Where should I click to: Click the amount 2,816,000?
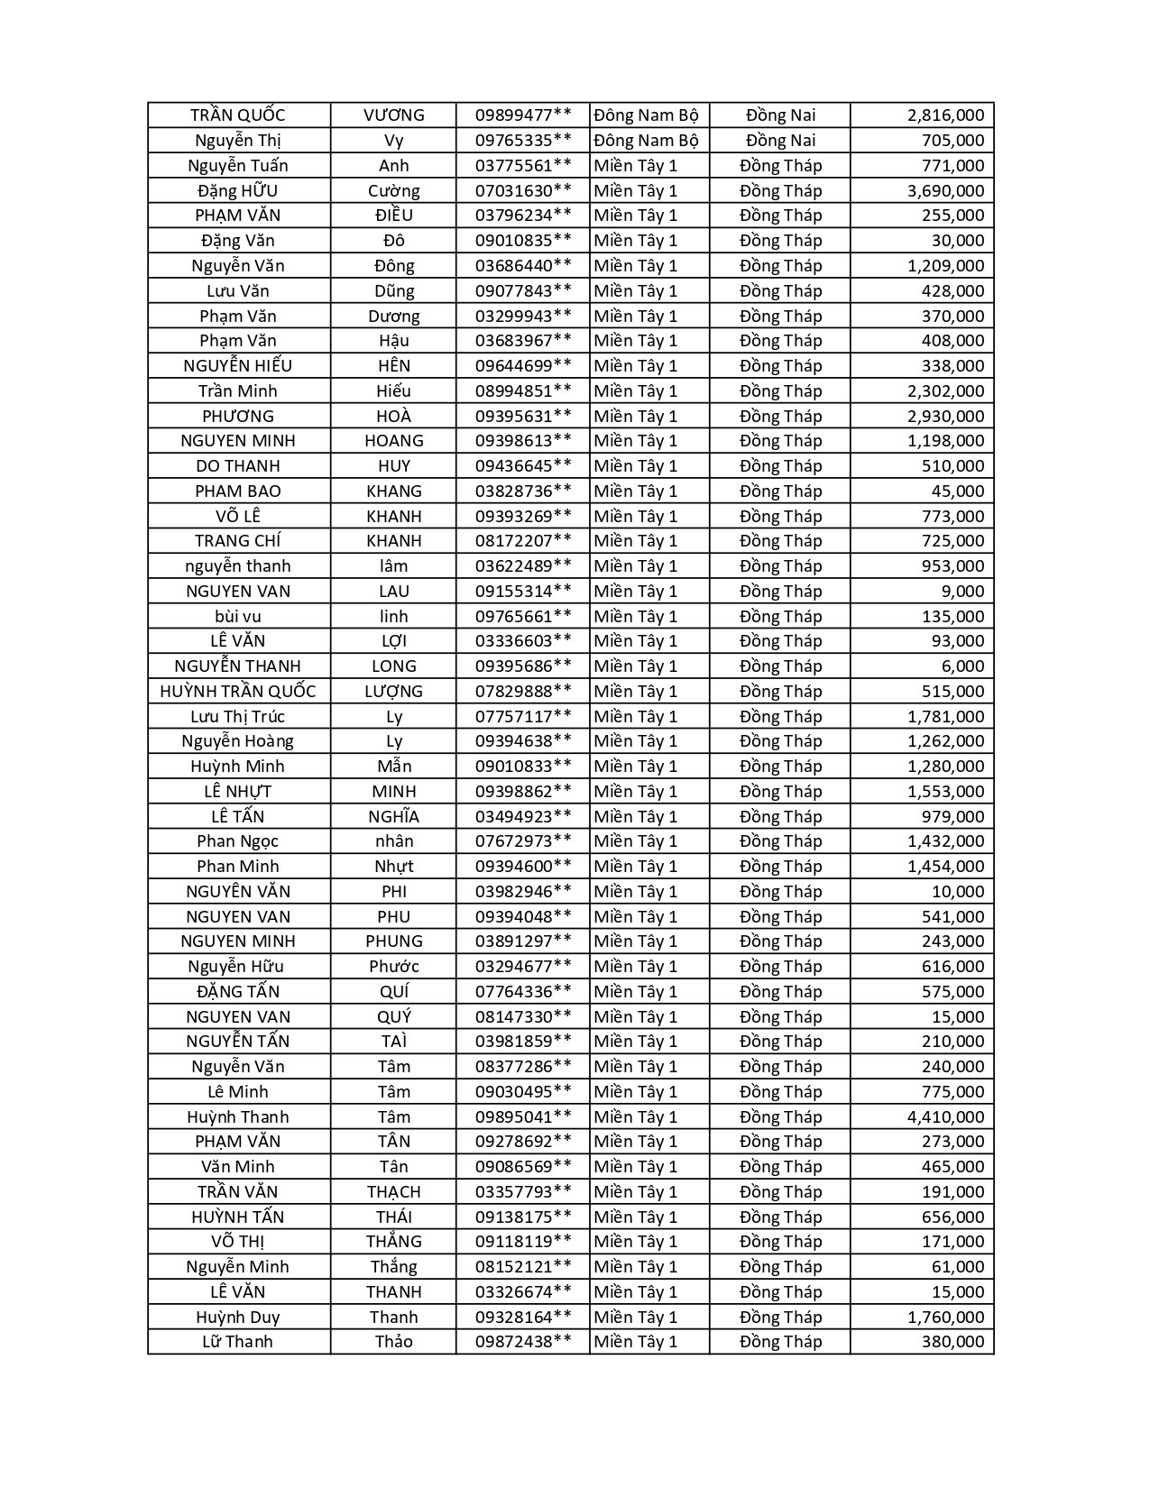[945, 115]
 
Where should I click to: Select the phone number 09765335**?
[523, 141]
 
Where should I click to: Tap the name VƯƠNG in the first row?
[393, 115]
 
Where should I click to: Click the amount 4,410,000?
[945, 1116]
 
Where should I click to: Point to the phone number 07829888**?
[523, 691]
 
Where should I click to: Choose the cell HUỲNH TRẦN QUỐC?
[238, 691]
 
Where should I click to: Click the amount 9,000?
[964, 592]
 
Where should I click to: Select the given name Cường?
[393, 190]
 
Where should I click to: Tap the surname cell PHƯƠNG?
[238, 416]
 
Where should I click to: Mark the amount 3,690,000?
[945, 190]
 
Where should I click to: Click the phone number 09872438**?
[523, 1342]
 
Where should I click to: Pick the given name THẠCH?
[393, 1191]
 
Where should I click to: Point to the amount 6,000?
[964, 666]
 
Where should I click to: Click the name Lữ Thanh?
[238, 1342]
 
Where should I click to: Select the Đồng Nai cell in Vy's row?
[780, 141]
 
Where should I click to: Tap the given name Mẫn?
[393, 767]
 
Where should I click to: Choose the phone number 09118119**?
[523, 1242]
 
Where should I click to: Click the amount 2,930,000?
[945, 416]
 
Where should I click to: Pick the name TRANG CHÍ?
[238, 541]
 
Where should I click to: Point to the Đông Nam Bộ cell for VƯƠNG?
[647, 115]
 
